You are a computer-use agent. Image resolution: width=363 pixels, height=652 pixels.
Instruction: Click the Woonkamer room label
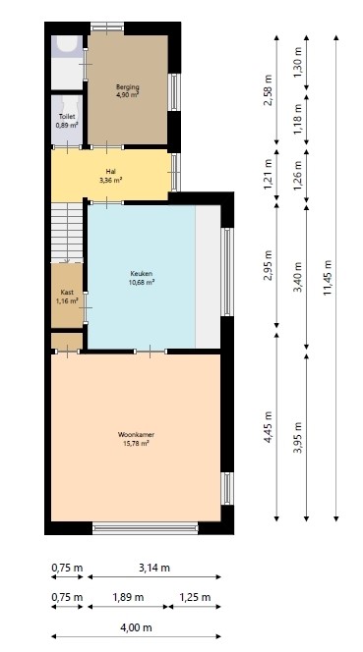[133, 437]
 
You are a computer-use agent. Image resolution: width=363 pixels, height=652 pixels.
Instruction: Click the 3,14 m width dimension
[152, 568]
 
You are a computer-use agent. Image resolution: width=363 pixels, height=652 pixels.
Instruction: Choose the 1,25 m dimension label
[198, 597]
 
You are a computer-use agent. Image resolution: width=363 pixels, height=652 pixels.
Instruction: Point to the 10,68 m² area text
[142, 283]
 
